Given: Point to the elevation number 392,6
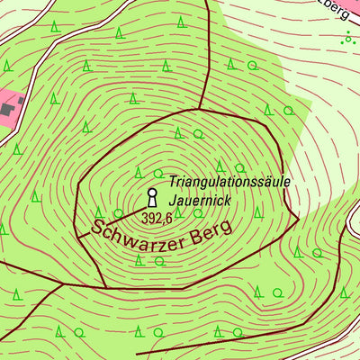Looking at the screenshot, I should (156, 217).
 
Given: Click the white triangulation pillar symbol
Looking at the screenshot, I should (152, 196).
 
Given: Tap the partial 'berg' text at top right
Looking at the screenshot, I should (335, 9).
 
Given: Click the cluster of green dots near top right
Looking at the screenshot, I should (348, 37).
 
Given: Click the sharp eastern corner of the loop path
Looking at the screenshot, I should (298, 218).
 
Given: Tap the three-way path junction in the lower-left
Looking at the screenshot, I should (62, 283).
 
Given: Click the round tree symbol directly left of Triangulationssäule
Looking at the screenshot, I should (158, 173).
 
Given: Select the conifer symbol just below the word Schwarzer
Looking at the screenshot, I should (139, 260).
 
